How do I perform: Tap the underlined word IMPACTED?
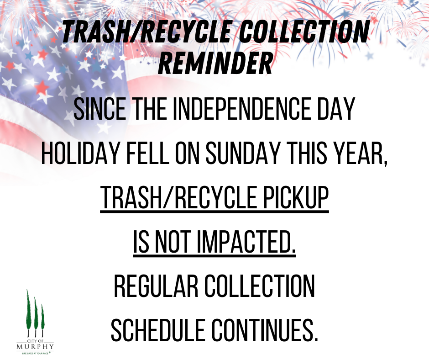(246, 243)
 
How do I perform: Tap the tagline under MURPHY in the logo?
(35, 353)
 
